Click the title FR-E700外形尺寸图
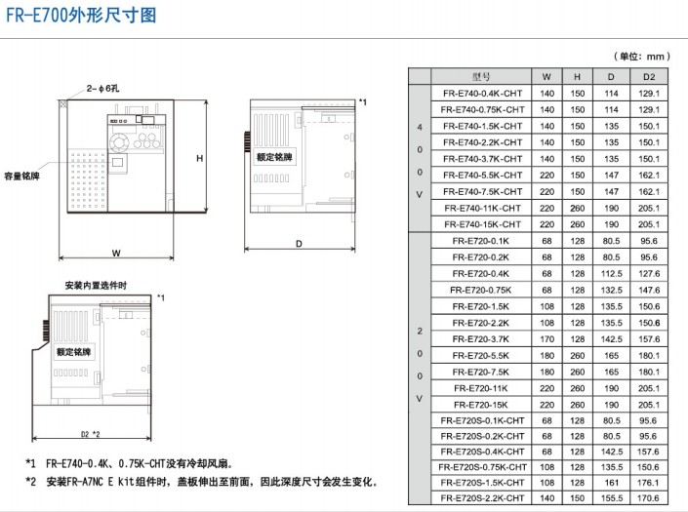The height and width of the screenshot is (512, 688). (81, 16)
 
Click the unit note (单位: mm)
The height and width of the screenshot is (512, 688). (642, 57)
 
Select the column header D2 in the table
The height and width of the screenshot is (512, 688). (649, 77)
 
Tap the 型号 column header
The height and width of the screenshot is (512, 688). (481, 77)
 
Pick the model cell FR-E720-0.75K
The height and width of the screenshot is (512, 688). (481, 291)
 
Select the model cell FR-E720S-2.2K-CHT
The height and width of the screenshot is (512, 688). (483, 498)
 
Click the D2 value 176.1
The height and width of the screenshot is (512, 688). (648, 483)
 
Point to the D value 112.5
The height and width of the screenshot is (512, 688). (612, 274)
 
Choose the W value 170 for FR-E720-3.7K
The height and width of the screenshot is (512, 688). (546, 339)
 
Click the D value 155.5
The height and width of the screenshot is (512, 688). (612, 498)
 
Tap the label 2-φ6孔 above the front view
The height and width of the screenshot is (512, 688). (102, 89)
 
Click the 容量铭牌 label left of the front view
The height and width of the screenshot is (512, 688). (21, 177)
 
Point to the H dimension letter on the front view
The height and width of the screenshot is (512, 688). (200, 158)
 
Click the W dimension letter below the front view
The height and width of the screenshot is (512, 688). (116, 253)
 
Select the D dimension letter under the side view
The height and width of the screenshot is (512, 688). (299, 244)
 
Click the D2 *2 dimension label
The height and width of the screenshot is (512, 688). (90, 434)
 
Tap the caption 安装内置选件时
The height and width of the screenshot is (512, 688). (96, 286)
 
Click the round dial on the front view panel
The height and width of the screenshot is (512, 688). (119, 143)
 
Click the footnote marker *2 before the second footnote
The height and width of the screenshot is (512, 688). (30, 482)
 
